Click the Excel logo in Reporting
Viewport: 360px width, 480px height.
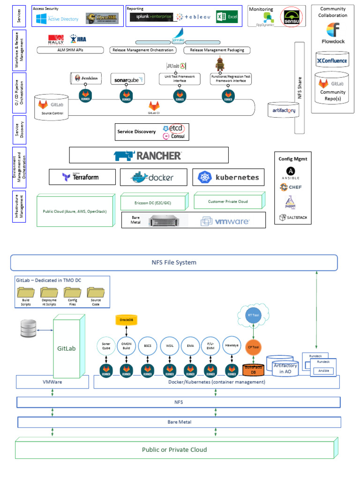point(226,17)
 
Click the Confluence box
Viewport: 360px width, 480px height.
point(332,60)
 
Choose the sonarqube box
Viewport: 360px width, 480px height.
point(127,79)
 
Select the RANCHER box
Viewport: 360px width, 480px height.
point(149,155)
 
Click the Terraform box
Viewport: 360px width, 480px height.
point(82,177)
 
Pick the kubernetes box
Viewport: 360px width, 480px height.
point(228,177)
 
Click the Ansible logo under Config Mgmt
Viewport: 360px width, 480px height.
point(290,173)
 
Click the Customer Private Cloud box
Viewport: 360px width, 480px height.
point(228,201)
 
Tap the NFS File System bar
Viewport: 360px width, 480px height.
point(173,262)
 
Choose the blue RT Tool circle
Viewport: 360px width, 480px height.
point(254,315)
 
